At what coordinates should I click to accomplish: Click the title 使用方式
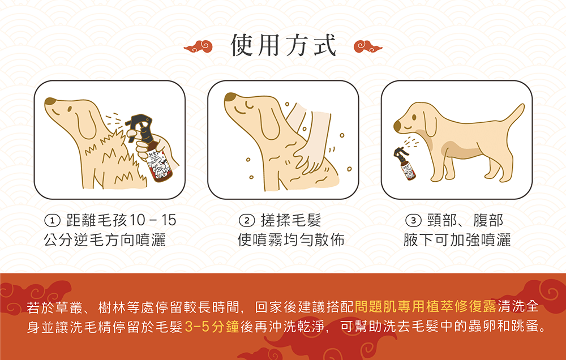(284, 45)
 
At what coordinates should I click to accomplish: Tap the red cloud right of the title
(368, 46)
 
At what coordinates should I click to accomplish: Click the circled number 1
(52, 220)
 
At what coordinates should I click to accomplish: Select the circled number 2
(247, 220)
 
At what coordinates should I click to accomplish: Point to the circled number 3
(413, 220)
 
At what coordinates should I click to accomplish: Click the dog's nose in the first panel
(50, 101)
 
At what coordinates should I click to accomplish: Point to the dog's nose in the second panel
(230, 97)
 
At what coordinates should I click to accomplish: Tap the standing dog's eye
(414, 117)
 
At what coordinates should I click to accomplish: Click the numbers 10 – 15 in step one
(153, 220)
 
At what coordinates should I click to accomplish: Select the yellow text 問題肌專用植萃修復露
(426, 307)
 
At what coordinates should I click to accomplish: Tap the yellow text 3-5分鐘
(212, 327)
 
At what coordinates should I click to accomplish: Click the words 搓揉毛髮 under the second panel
(291, 220)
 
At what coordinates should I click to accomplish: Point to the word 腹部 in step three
(488, 220)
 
